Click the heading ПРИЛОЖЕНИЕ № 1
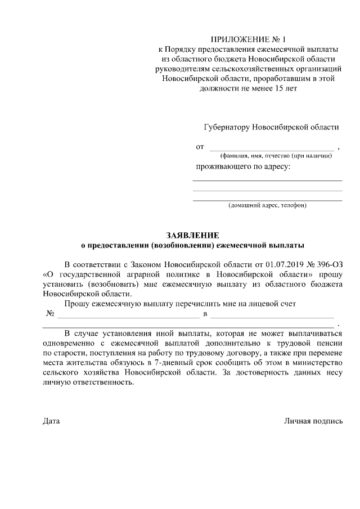(248, 40)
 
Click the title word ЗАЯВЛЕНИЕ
(192, 235)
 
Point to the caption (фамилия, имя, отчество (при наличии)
(276, 156)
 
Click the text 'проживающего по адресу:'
(243, 167)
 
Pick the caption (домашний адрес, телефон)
(267, 206)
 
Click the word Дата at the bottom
(51, 421)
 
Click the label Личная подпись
(313, 421)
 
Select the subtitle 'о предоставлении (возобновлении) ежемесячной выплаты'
(192, 245)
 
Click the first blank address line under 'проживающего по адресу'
(267, 180)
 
